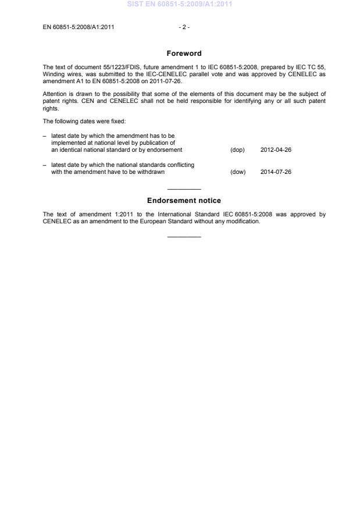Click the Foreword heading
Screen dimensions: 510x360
coord(184,54)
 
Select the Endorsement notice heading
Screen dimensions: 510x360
coord(184,201)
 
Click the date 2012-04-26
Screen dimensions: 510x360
coord(276,150)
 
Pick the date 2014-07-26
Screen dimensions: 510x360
coord(276,172)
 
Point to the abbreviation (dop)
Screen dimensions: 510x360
coord(237,150)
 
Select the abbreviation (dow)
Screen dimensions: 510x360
coord(238,172)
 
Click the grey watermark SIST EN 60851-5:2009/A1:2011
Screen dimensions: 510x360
coord(184,5)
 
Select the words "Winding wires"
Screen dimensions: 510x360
coord(59,74)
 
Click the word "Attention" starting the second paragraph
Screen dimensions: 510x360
coord(55,94)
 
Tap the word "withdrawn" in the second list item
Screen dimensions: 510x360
coord(151,172)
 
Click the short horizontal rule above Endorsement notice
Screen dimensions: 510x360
coord(184,190)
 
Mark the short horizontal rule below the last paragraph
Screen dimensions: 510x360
coord(184,237)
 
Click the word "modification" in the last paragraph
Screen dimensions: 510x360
coord(244,222)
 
